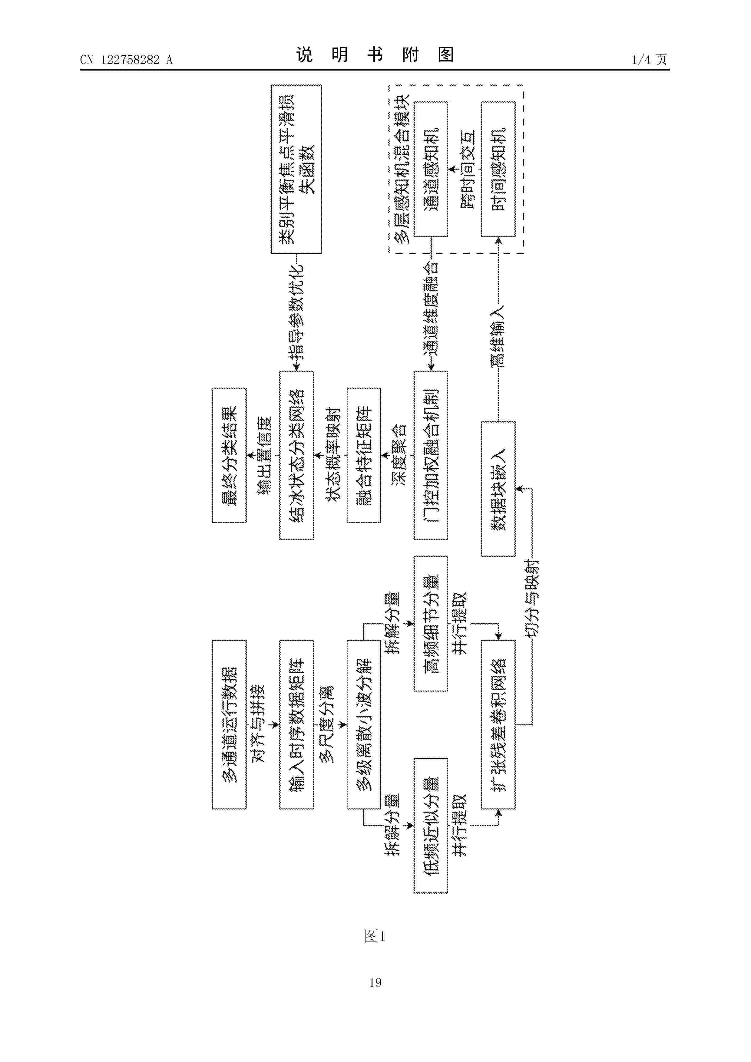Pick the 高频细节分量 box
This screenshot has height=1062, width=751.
[431, 624]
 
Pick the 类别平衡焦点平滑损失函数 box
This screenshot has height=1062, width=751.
[296, 169]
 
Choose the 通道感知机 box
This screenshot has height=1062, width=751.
[431, 169]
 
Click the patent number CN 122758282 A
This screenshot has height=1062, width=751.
[126, 60]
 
